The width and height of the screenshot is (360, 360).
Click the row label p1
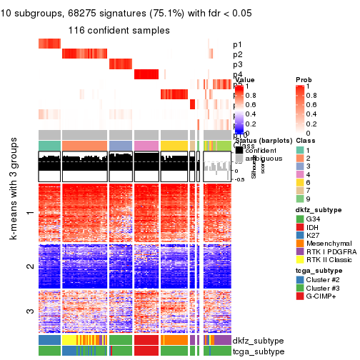pos(237,44)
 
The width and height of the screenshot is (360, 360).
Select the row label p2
pos(237,55)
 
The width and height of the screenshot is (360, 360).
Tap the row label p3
pos(237,65)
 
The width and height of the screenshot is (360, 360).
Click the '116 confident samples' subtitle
pos(119,31)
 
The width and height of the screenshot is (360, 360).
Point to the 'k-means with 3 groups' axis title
pos(14,250)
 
